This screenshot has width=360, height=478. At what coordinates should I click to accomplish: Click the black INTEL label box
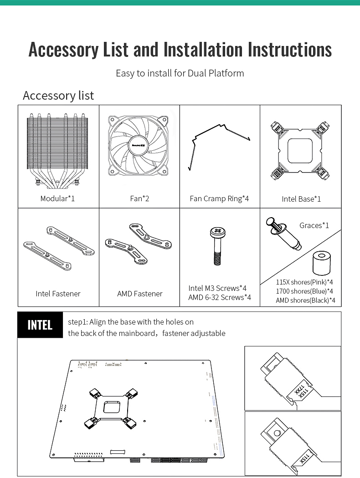tap(40, 325)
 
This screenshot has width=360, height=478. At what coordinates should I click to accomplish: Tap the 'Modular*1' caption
tap(57, 198)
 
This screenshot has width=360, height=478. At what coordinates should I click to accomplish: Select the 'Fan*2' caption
tap(139, 198)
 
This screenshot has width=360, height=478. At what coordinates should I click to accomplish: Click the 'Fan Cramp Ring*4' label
tap(219, 198)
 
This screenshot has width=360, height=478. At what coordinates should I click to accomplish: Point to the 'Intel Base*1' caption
tap(301, 199)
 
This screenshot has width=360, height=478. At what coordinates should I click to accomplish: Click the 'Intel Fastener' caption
tap(58, 294)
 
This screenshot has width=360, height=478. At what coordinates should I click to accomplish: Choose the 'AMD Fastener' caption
tap(139, 294)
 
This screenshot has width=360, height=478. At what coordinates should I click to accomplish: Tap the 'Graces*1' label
tap(314, 225)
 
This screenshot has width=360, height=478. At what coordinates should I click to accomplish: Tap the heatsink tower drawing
tap(57, 150)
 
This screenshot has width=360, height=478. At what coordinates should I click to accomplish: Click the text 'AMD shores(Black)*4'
tap(305, 300)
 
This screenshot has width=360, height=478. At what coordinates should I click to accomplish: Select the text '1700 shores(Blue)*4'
tap(304, 291)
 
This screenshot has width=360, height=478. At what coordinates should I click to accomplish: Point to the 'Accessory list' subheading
tap(58, 96)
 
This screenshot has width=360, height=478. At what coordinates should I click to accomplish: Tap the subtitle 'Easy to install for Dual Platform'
tap(180, 73)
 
